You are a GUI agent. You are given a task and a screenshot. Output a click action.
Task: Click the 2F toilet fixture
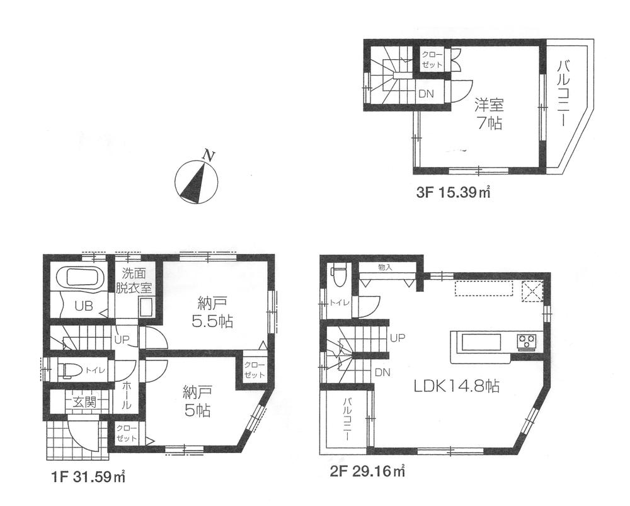[339, 274]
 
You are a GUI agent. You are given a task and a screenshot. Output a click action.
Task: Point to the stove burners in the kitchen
[527, 342]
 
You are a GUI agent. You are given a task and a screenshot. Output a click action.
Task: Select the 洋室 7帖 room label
[488, 113]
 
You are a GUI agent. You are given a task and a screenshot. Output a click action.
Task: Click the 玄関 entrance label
[82, 401]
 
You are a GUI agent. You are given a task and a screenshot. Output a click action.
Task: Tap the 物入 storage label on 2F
[385, 267]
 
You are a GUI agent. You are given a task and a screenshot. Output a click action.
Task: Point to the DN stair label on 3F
[426, 94]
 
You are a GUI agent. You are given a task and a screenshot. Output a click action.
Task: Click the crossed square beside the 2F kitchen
[533, 290]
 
